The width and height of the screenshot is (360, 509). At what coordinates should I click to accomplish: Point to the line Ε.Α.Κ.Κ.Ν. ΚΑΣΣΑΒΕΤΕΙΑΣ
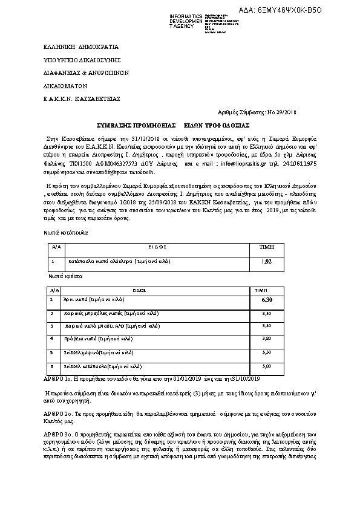tap(74, 99)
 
